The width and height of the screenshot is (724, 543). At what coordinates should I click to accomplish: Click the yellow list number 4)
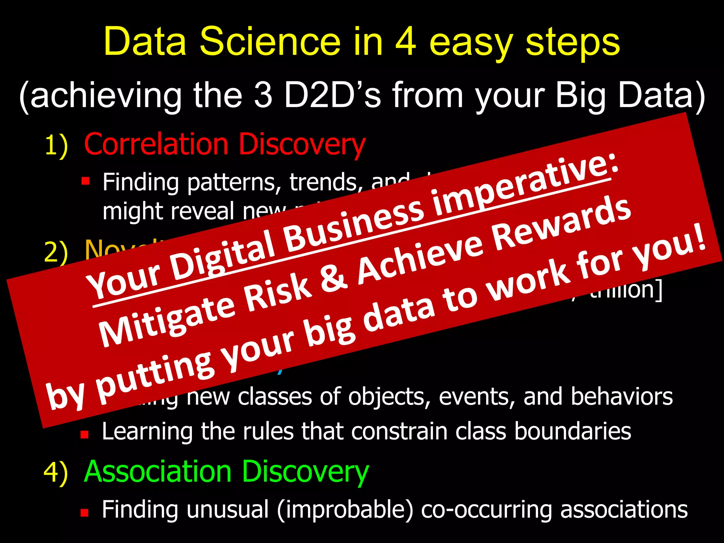click(56, 472)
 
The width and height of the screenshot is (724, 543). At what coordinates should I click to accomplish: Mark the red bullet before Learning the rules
click(84, 434)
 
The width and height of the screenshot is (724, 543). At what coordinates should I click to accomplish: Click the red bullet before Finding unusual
click(84, 512)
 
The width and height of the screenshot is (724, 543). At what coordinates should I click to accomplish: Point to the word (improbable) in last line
click(345, 510)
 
